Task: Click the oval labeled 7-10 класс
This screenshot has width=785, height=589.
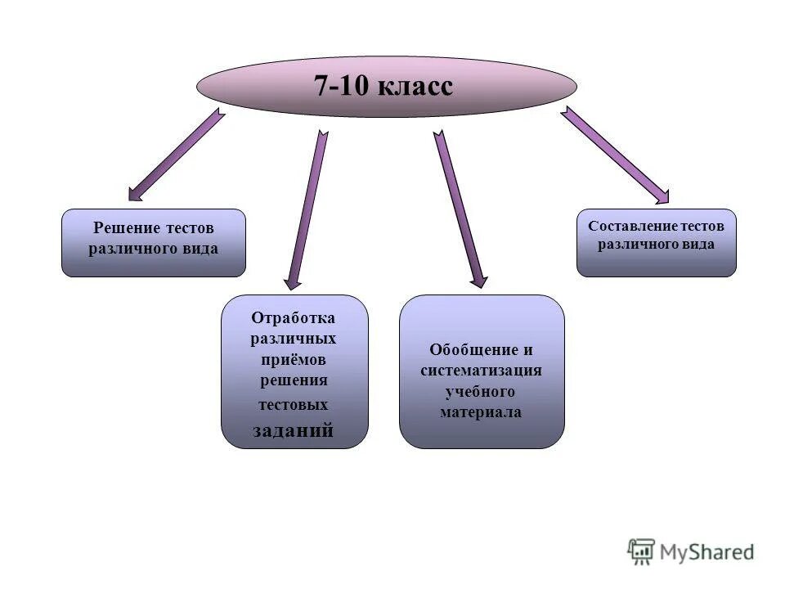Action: (386, 87)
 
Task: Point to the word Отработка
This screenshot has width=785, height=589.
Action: (294, 317)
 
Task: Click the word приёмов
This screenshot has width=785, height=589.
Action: (294, 360)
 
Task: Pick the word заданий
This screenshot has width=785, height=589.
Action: (294, 430)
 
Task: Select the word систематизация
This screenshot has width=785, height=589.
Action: (482, 371)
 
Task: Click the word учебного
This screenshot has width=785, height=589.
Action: (481, 392)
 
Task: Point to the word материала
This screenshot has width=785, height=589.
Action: (481, 413)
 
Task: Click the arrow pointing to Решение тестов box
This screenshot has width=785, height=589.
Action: (175, 155)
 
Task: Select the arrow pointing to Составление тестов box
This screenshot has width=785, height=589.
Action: (614, 155)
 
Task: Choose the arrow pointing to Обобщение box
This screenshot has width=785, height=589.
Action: (460, 209)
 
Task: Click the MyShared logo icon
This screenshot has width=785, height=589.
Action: (642, 551)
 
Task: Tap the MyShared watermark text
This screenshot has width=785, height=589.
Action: (706, 552)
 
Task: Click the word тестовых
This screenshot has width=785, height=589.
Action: (294, 404)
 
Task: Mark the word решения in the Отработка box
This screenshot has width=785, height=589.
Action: (294, 380)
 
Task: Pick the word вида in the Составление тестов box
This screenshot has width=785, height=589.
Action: (699, 245)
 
